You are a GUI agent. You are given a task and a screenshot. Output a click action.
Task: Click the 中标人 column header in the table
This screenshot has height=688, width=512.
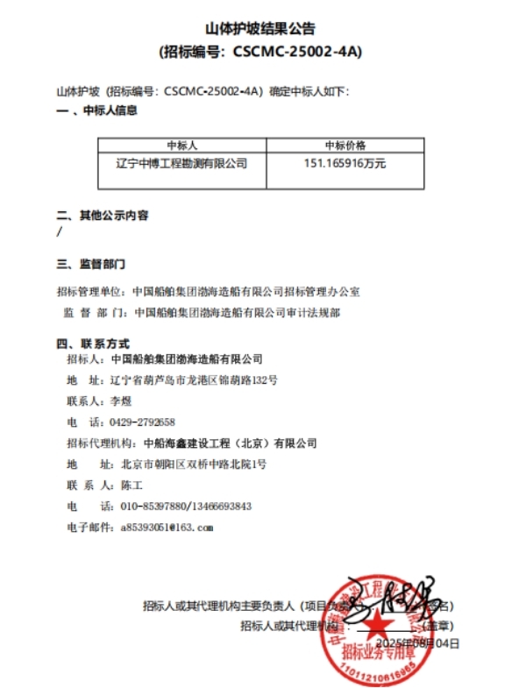[x=181, y=145]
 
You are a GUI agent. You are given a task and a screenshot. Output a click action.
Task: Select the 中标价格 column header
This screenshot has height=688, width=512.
[x=345, y=145]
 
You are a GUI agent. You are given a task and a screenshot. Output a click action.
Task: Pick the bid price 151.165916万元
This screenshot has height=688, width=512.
[x=345, y=163]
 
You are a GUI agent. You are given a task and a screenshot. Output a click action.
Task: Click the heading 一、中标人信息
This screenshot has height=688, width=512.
[x=96, y=111]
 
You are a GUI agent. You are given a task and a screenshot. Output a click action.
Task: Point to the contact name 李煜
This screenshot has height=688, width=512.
[x=119, y=401]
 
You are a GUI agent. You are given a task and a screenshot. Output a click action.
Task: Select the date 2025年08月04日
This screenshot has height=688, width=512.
[x=417, y=642]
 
